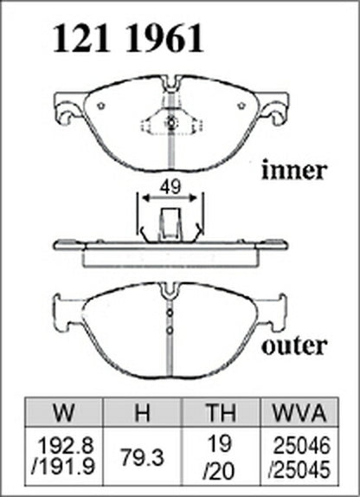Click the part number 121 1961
click(128, 38)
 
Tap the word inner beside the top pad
click(293, 171)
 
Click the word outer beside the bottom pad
click(294, 345)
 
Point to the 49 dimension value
click(170, 187)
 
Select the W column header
click(64, 412)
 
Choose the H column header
click(142, 412)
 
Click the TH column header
click(221, 412)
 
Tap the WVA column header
click(299, 412)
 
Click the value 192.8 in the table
click(66, 445)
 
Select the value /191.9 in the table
click(63, 467)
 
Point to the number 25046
click(302, 445)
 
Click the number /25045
click(299, 469)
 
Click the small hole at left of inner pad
click(101, 106)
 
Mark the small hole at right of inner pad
click(241, 106)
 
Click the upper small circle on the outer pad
click(170, 313)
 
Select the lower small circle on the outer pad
click(170, 330)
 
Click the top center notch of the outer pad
click(169, 290)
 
